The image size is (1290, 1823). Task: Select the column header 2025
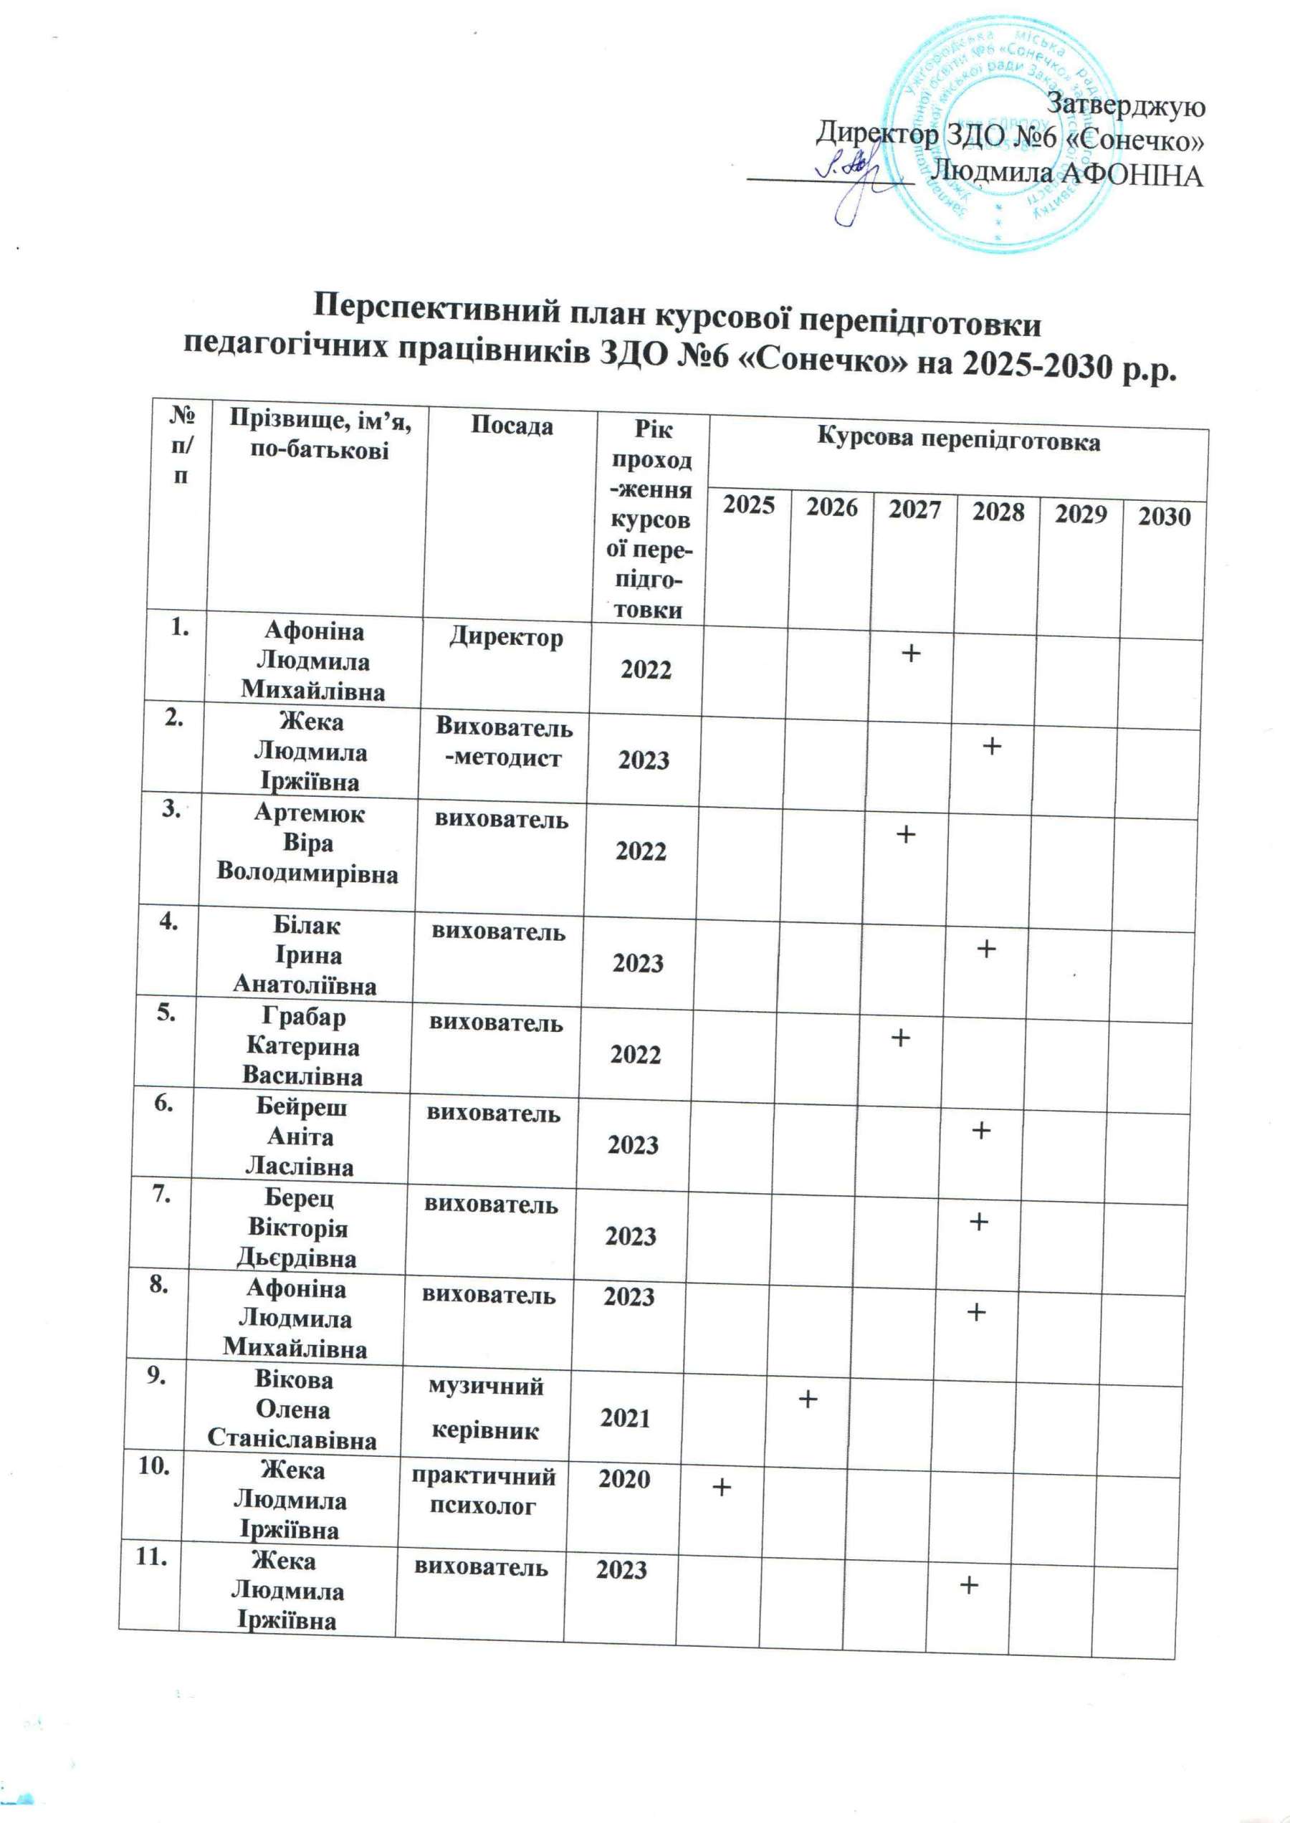coord(749,504)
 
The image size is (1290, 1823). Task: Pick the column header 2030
coord(1165,517)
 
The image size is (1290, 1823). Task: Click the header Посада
coord(512,426)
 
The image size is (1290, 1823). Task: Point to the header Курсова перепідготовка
coord(959,441)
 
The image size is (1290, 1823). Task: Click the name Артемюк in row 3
coord(309,813)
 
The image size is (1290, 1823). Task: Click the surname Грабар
coord(305,1017)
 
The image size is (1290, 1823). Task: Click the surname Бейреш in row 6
coord(301,1106)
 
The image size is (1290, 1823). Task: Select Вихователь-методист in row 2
coord(504,741)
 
